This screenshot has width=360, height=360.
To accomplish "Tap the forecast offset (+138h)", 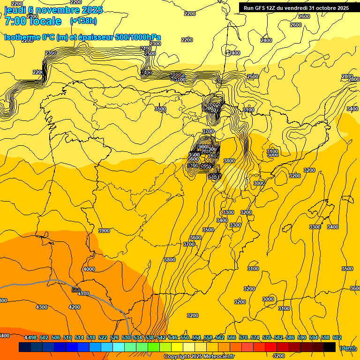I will [x=83, y=21].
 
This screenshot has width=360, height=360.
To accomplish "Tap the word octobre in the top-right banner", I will [x=323, y=8].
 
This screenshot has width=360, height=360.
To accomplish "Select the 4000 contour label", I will [x=89, y=269].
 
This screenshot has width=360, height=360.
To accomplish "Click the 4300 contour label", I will [x=42, y=307].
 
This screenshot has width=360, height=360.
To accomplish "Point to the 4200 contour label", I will [x=74, y=307].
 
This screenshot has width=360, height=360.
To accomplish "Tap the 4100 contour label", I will [x=83, y=294].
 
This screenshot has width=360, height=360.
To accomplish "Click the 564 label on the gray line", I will [x=76, y=290].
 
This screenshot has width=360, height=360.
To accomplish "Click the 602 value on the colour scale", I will [x=337, y=337].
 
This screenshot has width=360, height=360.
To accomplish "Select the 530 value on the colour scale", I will [x=126, y=337].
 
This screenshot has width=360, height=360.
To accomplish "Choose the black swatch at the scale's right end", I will [x=330, y=347].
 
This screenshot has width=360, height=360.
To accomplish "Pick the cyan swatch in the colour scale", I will [x=118, y=347].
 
